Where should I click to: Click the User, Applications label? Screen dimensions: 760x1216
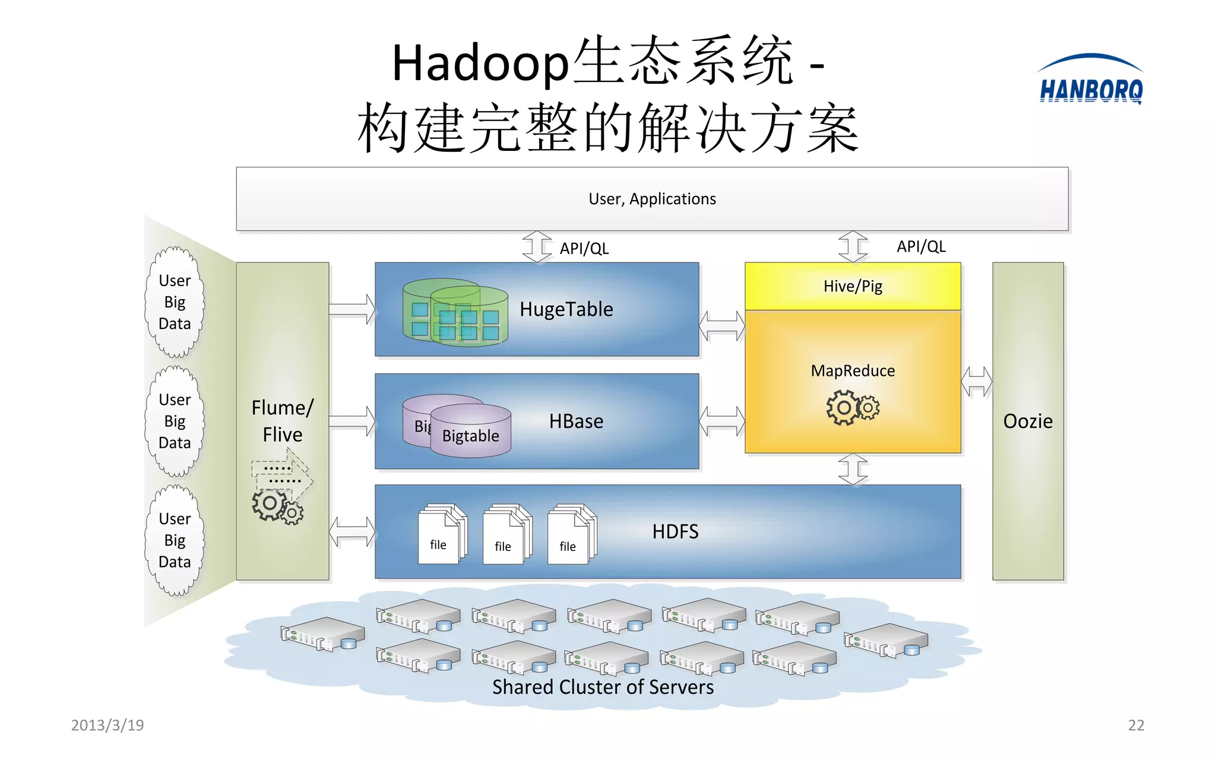pyautogui.click(x=652, y=199)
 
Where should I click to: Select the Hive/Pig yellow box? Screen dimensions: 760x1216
pyautogui.click(x=853, y=286)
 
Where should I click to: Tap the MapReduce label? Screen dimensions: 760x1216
pyautogui.click(x=853, y=371)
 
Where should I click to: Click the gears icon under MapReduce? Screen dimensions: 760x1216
pyautogui.click(x=853, y=407)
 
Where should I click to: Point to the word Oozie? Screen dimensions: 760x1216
pyautogui.click(x=1028, y=421)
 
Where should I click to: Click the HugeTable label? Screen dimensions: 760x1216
pyautogui.click(x=566, y=309)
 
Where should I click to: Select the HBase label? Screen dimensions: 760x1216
pyautogui.click(x=576, y=422)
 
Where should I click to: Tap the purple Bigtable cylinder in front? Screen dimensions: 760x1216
pyautogui.click(x=471, y=432)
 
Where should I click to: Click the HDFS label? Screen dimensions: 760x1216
pyautogui.click(x=675, y=531)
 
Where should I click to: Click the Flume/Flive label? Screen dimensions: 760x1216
pyautogui.click(x=283, y=421)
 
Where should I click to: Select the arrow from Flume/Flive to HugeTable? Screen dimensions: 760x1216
pyautogui.click(x=352, y=309)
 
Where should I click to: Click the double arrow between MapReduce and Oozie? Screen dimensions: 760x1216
pyautogui.click(x=977, y=382)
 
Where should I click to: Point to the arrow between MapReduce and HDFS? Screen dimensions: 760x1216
pyautogui.click(x=853, y=469)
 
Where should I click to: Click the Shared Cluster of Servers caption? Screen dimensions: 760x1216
pyautogui.click(x=603, y=687)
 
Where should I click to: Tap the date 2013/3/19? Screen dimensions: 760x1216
pyautogui.click(x=107, y=725)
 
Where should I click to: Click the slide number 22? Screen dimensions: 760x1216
pyautogui.click(x=1136, y=725)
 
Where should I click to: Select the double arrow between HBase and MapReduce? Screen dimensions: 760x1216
pyautogui.click(x=722, y=422)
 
